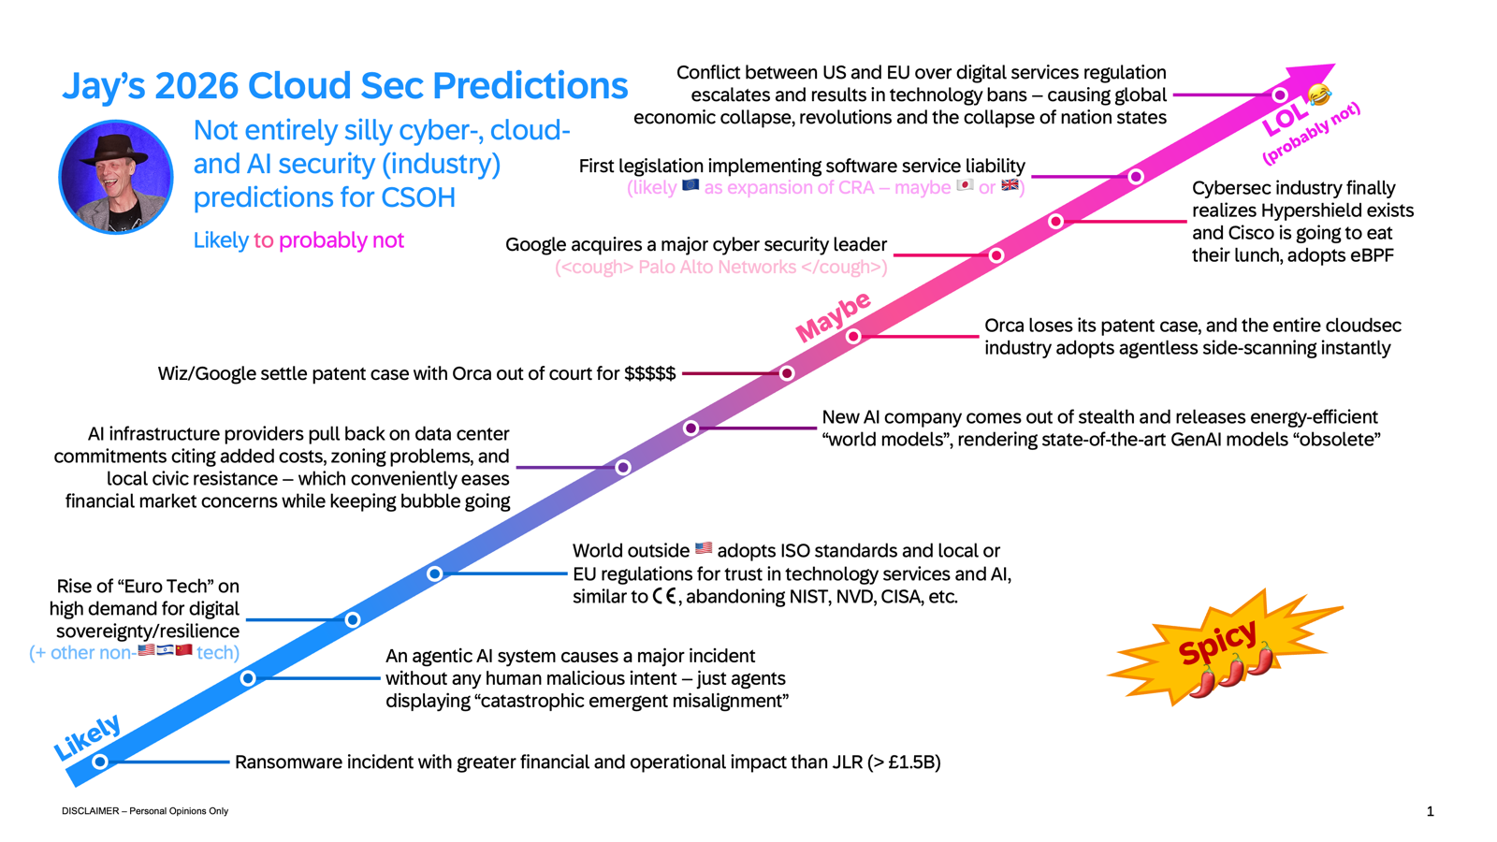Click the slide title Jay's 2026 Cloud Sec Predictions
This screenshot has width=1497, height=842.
point(345,86)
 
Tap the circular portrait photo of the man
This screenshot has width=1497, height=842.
point(116,177)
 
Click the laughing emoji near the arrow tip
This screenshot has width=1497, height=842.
point(1318,94)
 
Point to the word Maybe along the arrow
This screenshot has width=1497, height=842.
point(833,316)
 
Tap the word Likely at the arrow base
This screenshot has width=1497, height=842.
point(88,737)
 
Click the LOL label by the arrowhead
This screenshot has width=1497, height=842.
point(1285,119)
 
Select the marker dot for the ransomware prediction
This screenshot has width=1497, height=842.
point(100,762)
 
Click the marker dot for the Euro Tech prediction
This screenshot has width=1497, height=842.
point(353,620)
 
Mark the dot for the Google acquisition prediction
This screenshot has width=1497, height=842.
point(996,255)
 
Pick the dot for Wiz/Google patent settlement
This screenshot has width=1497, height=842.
point(787,373)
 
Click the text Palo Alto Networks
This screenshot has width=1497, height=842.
point(717,268)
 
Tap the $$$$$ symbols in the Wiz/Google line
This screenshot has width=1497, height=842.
point(650,373)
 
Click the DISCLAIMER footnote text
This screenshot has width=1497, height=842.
point(145,811)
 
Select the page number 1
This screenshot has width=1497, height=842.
point(1431,811)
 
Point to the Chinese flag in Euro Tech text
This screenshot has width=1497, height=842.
point(183,650)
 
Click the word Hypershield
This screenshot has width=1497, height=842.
point(1302,210)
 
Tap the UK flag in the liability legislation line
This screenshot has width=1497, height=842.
point(1010,185)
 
